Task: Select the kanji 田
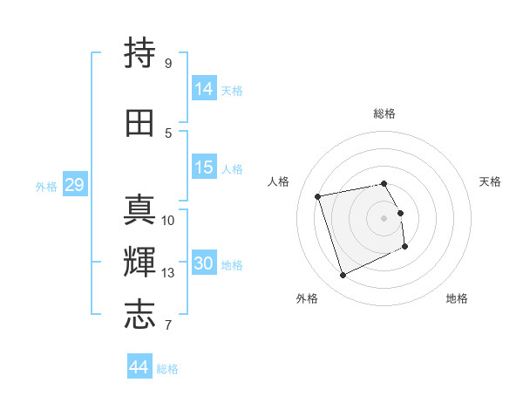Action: pos(140,123)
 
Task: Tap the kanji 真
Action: pos(140,210)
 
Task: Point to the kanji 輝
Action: pos(140,262)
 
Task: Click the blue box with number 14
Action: pos(204,88)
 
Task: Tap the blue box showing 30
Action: pos(204,263)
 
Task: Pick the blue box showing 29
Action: pos(74,185)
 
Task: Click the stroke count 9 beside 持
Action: pos(168,63)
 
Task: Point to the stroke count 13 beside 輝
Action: pos(168,273)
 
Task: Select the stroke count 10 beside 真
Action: pos(168,221)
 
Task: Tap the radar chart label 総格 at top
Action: pos(384,113)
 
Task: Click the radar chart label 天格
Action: pos(490,181)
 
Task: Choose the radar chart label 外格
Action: pos(307,298)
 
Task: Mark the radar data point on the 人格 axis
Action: pos(318,195)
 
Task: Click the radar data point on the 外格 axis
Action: pos(343,276)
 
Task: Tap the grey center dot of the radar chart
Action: pos(384,217)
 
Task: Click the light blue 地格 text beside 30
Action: pos(233,265)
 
